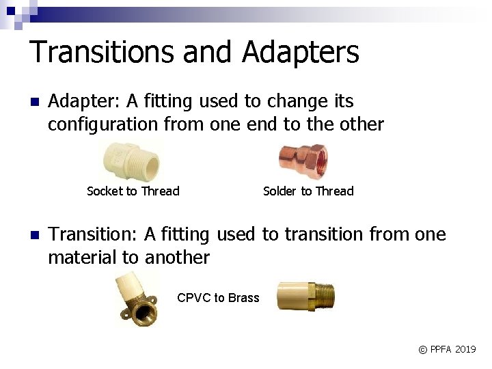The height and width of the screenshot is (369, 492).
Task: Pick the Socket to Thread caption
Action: pos(133,191)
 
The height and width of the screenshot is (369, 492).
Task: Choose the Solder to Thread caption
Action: pos(308,191)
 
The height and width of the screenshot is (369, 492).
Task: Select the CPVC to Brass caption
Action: pos(218,298)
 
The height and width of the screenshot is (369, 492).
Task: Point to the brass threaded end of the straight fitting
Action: pos(320,296)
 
